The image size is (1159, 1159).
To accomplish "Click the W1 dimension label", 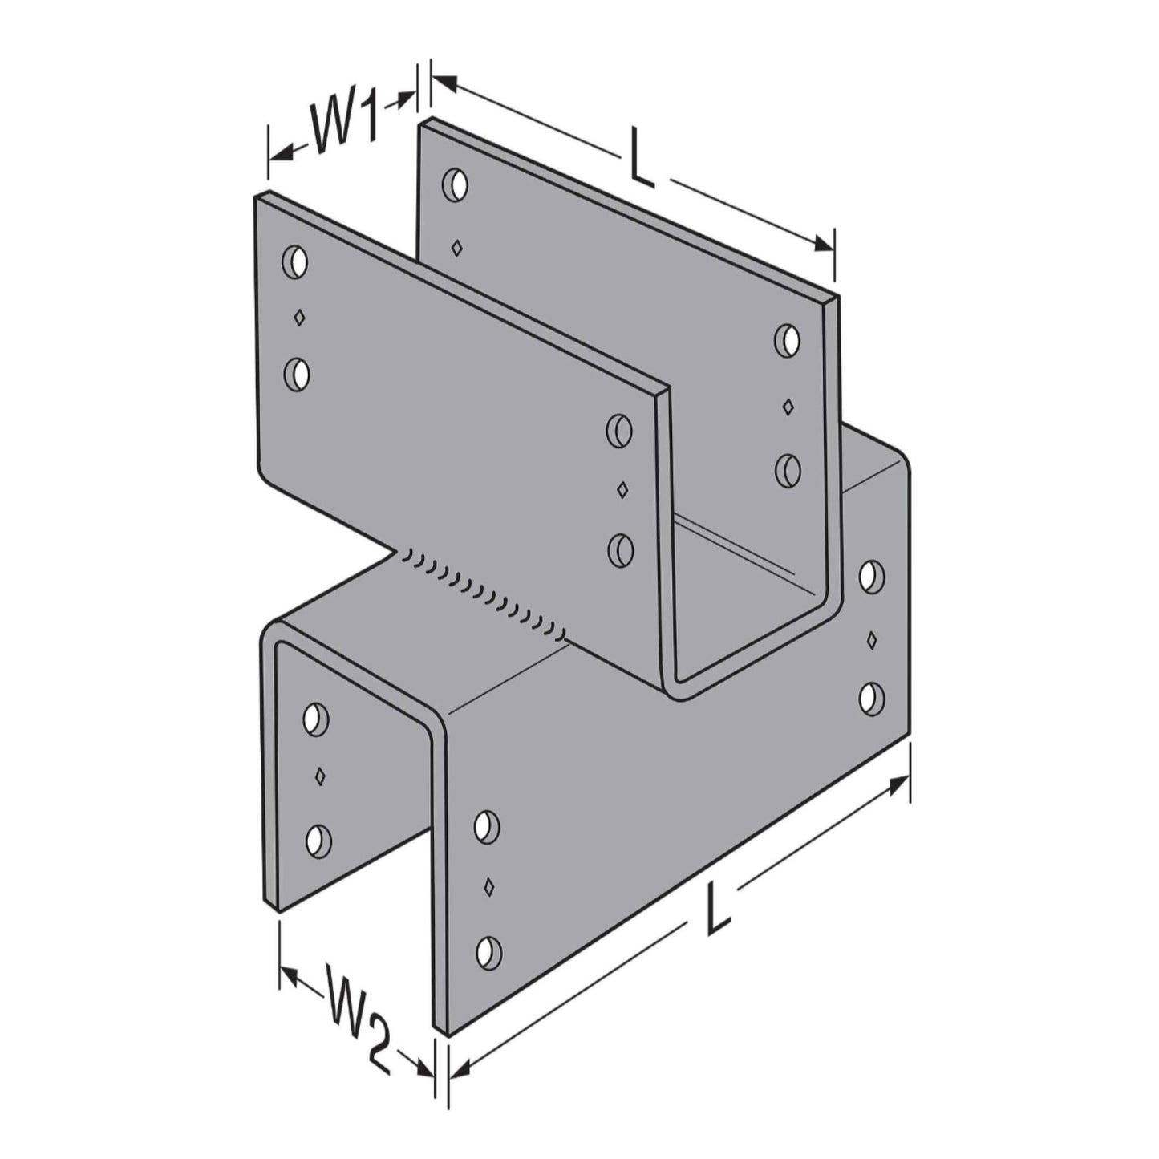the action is click(345, 125).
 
